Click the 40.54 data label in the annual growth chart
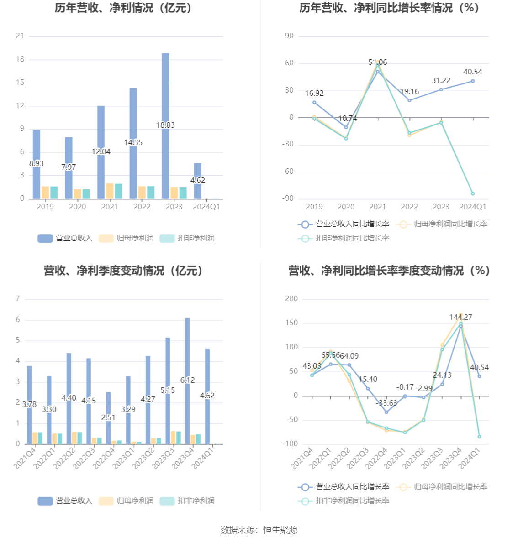click(473, 72)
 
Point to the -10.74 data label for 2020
click(346, 119)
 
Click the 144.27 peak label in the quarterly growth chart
click(461, 317)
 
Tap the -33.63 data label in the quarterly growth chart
click(386, 403)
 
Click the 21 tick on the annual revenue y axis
click(20, 36)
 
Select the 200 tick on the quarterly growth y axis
click(291, 299)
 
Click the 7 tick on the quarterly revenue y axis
click(18, 299)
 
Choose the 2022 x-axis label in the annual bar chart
click(142, 207)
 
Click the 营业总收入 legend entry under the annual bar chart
click(65, 238)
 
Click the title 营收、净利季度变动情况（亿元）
click(124, 271)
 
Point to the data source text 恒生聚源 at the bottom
click(280, 530)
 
